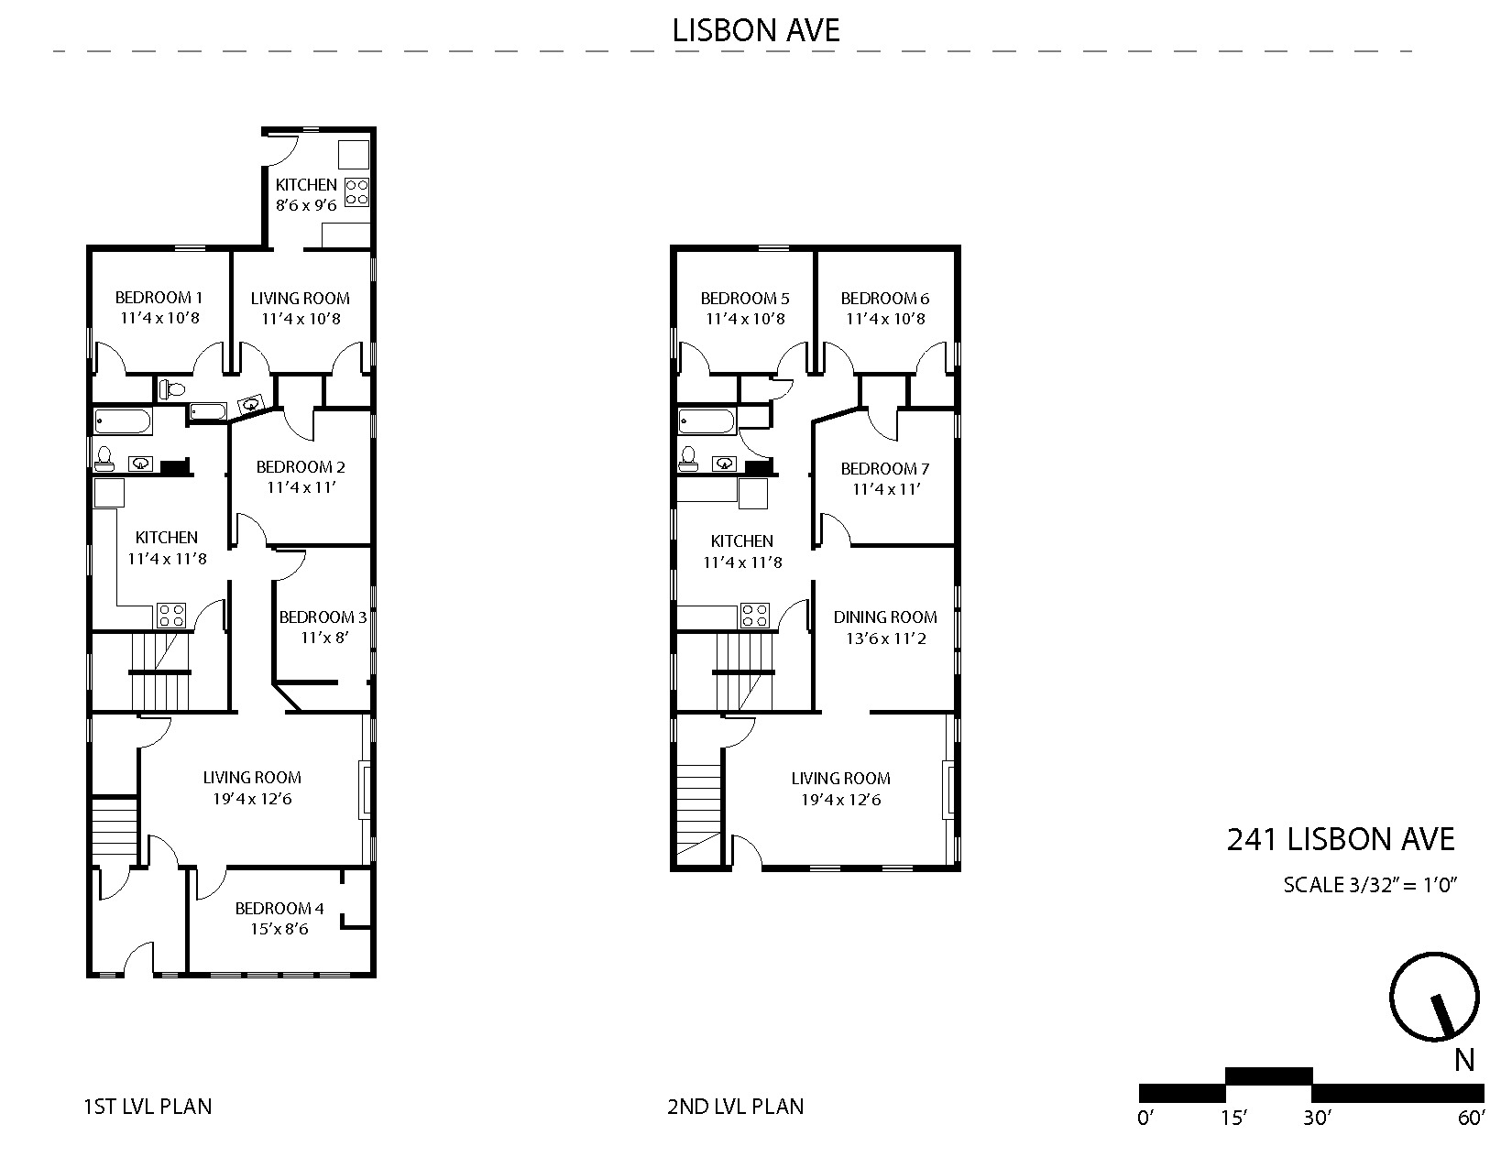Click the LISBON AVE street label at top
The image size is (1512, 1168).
[x=756, y=30]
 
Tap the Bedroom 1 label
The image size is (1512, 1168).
[x=159, y=298]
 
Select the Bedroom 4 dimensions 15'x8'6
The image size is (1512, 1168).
[x=279, y=929]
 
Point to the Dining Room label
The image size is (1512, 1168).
[x=885, y=617]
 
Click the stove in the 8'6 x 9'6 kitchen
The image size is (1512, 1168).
[x=357, y=192]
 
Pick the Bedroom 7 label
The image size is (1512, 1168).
[x=885, y=469]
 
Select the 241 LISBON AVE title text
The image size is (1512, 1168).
[x=1341, y=840]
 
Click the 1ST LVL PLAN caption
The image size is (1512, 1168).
[x=148, y=1107]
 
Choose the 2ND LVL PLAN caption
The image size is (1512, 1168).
[x=736, y=1107]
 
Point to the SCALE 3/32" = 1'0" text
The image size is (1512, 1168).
[x=1370, y=885]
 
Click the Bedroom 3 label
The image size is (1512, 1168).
[x=323, y=617]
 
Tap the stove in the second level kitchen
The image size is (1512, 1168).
[x=755, y=616]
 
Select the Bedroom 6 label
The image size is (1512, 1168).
[x=885, y=299]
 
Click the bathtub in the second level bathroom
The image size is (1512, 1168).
[x=707, y=421]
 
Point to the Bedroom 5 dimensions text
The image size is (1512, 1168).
[x=745, y=319]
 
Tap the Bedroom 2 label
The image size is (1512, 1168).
[x=301, y=467]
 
